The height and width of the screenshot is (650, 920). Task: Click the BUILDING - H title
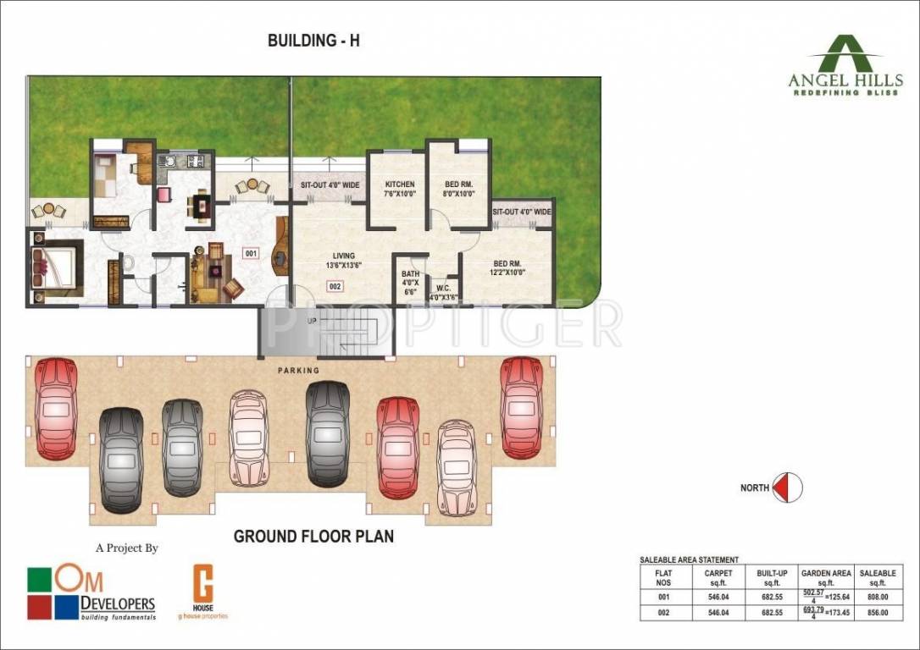point(313,41)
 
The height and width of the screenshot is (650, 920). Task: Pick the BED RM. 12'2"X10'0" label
point(507,267)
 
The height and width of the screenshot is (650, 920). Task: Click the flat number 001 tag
point(251,253)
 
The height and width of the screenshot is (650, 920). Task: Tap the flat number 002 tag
point(334,287)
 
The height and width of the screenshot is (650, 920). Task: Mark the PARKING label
point(298,371)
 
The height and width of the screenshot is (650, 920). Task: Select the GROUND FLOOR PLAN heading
point(313,537)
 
